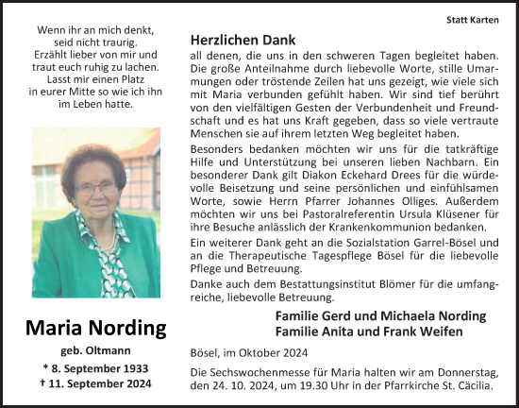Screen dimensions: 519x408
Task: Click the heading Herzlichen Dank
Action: point(243,41)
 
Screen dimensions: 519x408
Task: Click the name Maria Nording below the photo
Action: point(95,329)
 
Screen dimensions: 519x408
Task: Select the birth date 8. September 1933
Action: point(95,367)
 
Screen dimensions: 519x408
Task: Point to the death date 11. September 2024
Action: point(95,383)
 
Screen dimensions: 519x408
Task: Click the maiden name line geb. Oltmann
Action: point(95,349)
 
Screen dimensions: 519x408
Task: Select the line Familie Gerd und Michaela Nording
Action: point(381,315)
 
